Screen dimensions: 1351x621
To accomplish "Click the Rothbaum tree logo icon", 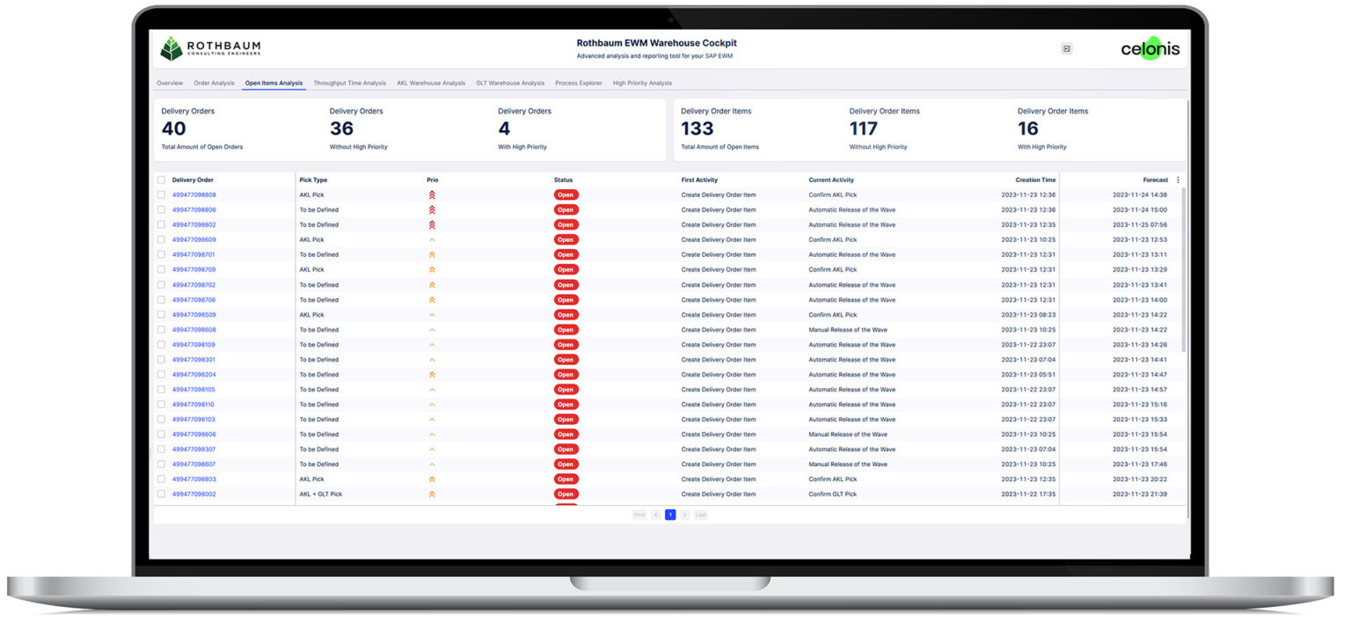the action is [172, 48].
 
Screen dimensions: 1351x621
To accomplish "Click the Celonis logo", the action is [1150, 48].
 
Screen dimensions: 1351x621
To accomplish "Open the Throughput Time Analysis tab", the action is [350, 84].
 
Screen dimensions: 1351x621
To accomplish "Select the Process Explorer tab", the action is [579, 84].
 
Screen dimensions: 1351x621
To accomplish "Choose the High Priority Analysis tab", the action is [642, 84].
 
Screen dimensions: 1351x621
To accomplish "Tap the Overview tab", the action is [170, 84].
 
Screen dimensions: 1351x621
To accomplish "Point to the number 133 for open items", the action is [697, 128].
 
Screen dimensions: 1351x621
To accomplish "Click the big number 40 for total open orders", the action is [173, 128].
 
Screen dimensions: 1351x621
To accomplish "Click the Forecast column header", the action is [1155, 179].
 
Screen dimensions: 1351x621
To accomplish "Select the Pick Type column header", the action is [313, 179].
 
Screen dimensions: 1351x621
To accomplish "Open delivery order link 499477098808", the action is [194, 194].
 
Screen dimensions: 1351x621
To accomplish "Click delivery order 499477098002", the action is [194, 493].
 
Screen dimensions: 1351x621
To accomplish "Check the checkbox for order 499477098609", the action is [161, 239].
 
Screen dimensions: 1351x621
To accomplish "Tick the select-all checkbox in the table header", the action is [161, 179].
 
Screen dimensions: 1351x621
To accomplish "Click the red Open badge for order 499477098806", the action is [566, 210].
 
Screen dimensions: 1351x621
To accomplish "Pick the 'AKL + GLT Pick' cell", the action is [320, 493].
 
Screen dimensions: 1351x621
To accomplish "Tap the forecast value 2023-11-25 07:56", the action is [1139, 225].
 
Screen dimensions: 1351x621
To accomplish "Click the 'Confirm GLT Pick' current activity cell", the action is [832, 493].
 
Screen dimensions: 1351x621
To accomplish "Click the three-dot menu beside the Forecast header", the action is [1178, 179].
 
